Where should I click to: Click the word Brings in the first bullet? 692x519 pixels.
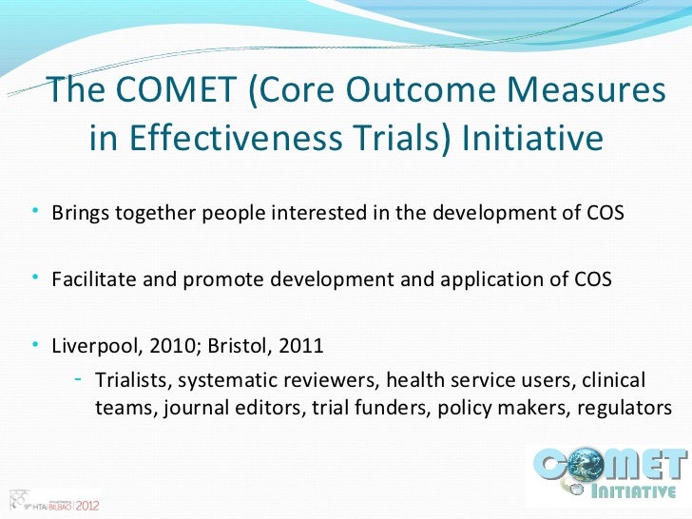[x=78, y=211]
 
